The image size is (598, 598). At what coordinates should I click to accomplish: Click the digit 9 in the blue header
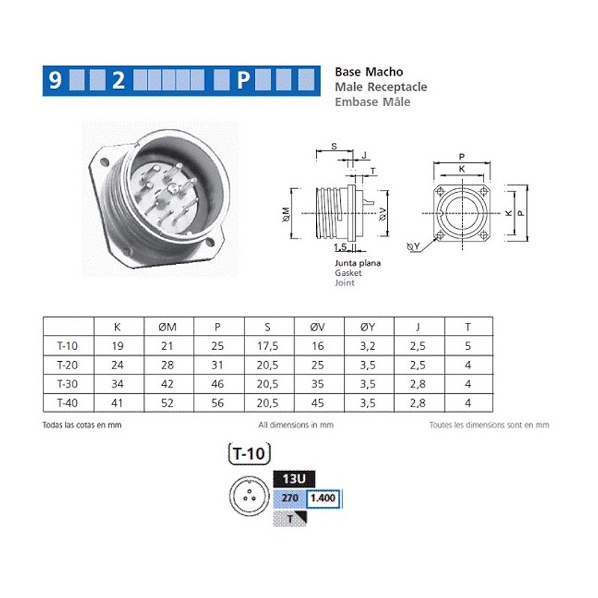click(x=55, y=80)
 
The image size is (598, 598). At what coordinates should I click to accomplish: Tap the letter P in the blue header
click(x=242, y=80)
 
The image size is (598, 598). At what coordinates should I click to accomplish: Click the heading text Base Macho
click(x=369, y=72)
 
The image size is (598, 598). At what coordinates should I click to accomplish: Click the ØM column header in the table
click(x=168, y=327)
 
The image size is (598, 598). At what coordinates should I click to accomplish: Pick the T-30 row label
click(x=68, y=385)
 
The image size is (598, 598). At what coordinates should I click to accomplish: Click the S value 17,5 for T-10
click(x=268, y=346)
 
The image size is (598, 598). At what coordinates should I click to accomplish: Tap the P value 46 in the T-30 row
click(x=218, y=385)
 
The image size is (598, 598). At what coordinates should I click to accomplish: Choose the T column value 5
click(x=468, y=346)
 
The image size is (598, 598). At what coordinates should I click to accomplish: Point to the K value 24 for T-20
click(x=118, y=366)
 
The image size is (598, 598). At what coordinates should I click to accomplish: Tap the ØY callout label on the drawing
click(x=413, y=246)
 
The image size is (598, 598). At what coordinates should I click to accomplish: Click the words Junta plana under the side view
click(x=357, y=263)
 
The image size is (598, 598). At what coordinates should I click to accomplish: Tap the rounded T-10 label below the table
click(x=247, y=453)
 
